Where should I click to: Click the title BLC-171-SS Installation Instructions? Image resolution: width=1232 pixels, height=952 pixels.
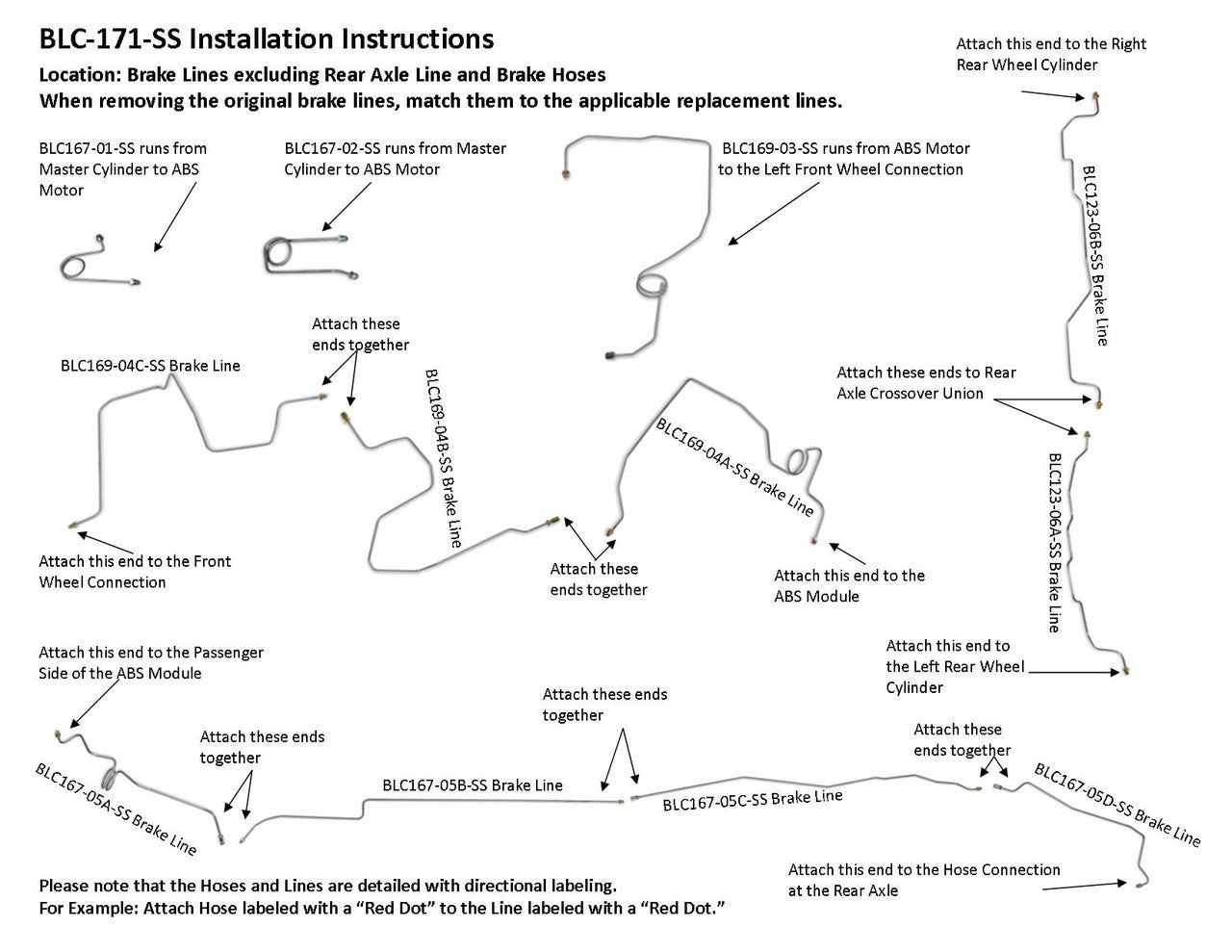(266, 39)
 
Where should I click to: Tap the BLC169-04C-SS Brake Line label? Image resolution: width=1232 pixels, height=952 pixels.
(150, 366)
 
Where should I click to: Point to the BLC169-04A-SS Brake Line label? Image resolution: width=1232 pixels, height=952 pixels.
(734, 466)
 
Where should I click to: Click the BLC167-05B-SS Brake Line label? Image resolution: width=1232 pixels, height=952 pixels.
(473, 785)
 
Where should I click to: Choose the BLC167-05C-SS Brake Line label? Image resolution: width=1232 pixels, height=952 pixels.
(753, 799)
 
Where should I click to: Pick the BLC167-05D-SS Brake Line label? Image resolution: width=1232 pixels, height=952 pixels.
(1117, 805)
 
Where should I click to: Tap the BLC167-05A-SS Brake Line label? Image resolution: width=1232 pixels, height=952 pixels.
(116, 810)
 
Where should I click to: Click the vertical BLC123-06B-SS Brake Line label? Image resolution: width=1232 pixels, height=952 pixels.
(1096, 255)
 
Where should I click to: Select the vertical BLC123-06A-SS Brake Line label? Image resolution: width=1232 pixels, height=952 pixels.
(1055, 542)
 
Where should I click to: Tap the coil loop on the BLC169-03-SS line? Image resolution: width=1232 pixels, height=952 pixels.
(650, 282)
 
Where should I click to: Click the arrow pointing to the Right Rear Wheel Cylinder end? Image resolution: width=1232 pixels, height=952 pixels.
(1055, 94)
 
